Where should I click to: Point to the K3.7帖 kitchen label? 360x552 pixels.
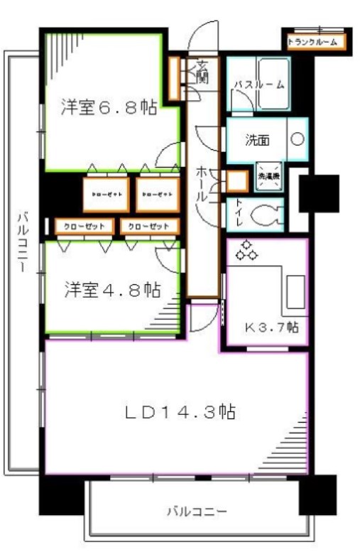coord(271,328)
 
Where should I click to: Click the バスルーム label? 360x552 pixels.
coord(259,84)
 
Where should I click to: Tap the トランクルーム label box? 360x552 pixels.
coord(317,43)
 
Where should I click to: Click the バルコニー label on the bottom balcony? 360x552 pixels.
coord(197,511)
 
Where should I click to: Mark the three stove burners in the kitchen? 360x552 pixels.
coord(248,251)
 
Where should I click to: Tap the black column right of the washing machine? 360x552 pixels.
coord(313,193)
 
